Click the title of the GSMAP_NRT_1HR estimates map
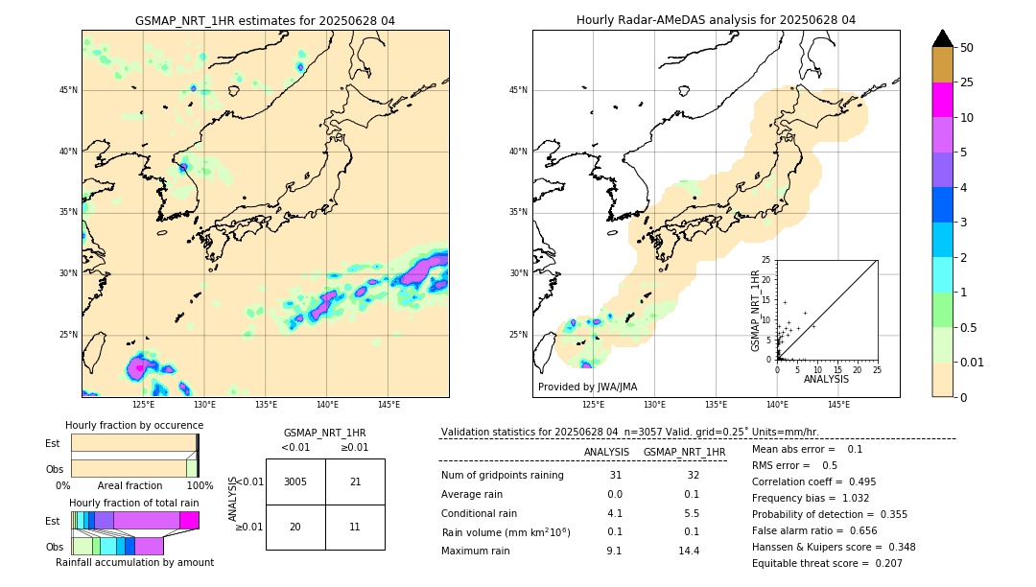click(x=265, y=20)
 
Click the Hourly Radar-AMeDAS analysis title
click(x=716, y=20)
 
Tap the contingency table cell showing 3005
click(x=295, y=481)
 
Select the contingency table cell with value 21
click(x=355, y=481)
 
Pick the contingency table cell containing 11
click(x=355, y=528)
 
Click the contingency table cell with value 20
click(x=295, y=528)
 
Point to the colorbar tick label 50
click(x=967, y=48)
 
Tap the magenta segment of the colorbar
click(x=942, y=100)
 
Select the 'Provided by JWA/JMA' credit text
click(x=587, y=387)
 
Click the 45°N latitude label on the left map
click(x=68, y=90)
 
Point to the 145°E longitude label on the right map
click(x=838, y=405)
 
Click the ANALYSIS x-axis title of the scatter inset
click(x=826, y=380)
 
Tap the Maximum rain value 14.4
click(x=689, y=551)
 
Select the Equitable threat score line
click(x=827, y=563)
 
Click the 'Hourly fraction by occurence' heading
click(x=134, y=425)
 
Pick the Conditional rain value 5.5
click(x=689, y=513)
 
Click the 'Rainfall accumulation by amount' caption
click(x=134, y=562)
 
